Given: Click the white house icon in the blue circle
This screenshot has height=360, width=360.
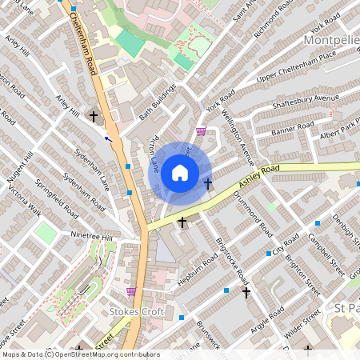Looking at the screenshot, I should pos(180,172).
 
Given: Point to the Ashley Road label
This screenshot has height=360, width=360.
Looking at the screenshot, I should pos(258,180).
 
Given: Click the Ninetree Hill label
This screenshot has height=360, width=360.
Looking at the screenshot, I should pos(93,238).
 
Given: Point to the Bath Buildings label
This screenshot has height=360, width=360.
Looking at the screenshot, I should pos(157,102).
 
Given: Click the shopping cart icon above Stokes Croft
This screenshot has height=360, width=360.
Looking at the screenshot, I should pos(131,291).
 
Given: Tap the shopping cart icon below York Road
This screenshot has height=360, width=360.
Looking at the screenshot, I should pos(201,132).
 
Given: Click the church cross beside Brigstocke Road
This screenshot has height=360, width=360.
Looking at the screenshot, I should pos(246,293).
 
